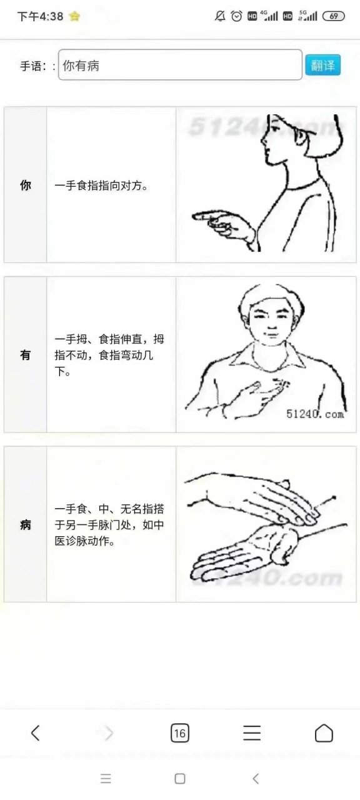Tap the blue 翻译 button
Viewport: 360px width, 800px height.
coord(322,65)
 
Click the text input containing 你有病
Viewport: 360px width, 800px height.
coord(180,65)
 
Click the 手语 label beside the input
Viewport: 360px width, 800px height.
coord(36,66)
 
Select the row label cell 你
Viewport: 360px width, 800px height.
coord(26,185)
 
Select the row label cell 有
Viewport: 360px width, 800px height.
coord(26,355)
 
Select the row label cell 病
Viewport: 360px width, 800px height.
coord(26,524)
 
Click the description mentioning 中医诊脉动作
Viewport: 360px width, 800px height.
coord(110,525)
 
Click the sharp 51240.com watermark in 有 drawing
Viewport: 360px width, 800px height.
coord(315,414)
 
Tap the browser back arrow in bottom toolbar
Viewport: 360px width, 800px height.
coord(36,732)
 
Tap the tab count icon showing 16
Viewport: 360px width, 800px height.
coord(179,733)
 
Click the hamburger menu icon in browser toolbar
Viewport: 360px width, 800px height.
coord(252,732)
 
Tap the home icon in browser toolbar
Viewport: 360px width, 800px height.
coord(324,732)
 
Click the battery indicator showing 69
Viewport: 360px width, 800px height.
coord(334,16)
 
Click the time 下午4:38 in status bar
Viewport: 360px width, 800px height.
coord(40,16)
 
